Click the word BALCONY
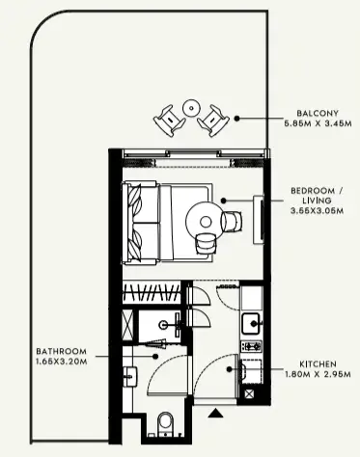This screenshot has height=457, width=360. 318,113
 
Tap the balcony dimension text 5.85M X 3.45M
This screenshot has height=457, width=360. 318,123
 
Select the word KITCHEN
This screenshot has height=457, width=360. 318,364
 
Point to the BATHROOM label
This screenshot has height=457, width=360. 61,351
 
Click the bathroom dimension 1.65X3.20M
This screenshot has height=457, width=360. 62,362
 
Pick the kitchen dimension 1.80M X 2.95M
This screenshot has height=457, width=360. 318,374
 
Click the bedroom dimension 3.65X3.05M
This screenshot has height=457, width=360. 317,211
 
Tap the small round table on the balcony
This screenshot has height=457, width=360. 191,108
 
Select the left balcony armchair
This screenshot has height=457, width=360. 169,121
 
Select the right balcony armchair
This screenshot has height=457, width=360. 213,121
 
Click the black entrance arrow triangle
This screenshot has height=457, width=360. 215,414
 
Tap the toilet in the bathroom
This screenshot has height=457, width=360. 165,424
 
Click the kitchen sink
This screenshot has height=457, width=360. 252,323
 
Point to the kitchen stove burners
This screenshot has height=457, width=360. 252,346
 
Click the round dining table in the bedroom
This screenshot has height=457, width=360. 205,221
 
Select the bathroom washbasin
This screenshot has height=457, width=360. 130,377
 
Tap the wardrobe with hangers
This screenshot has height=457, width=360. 152,292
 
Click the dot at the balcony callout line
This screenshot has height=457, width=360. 236,119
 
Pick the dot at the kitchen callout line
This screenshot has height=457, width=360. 229,369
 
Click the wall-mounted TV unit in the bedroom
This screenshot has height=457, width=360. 260,220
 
